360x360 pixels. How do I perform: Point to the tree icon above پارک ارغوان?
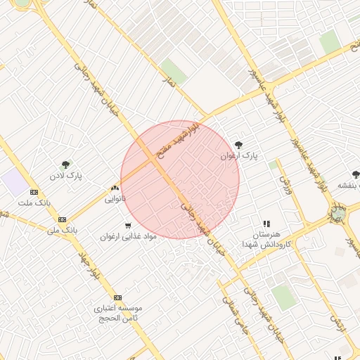(239, 144)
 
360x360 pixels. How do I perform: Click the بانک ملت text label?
(35, 203)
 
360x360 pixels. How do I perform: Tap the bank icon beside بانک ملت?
(34, 192)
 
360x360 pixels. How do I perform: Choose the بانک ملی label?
(62, 230)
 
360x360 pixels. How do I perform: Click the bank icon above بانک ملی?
(62, 219)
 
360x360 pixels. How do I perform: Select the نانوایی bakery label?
(115, 199)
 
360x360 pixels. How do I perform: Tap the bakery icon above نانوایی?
(115, 188)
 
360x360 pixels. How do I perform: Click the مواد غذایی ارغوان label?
(127, 236)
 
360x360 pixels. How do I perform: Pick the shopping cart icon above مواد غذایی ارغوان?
(127, 226)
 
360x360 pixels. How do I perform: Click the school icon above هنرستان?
(266, 224)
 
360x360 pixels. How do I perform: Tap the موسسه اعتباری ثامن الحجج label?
(118, 314)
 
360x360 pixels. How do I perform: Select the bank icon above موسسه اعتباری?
(117, 297)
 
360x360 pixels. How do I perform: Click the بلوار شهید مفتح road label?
(179, 138)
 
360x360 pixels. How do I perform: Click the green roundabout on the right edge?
(338, 212)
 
